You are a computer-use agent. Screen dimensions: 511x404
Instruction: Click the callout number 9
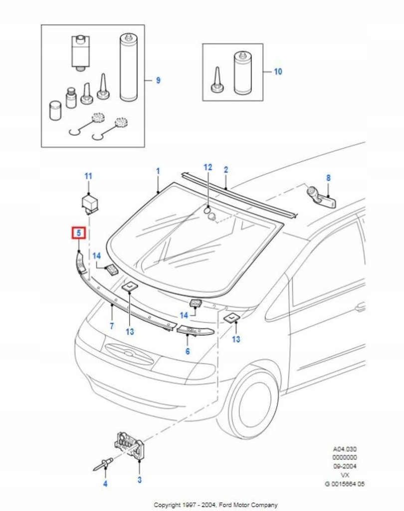(x=158, y=80)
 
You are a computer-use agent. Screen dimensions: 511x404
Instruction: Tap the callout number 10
(x=278, y=72)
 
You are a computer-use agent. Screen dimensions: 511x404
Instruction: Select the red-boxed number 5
(x=79, y=233)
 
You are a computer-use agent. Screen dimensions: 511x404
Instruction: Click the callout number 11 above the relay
(x=88, y=176)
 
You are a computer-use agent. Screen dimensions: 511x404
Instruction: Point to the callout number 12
(x=208, y=167)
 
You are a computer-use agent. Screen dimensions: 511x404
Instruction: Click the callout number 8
(x=328, y=178)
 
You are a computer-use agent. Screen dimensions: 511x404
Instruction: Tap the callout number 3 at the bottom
(x=139, y=480)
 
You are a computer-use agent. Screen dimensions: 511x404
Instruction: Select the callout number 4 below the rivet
(x=105, y=484)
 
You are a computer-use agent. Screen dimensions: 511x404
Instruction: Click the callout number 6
(x=188, y=351)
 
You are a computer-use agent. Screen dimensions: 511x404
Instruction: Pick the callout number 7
(x=112, y=326)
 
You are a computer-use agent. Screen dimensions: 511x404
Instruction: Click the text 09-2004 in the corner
(x=345, y=466)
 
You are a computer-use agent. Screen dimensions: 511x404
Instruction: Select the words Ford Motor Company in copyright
(x=247, y=505)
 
